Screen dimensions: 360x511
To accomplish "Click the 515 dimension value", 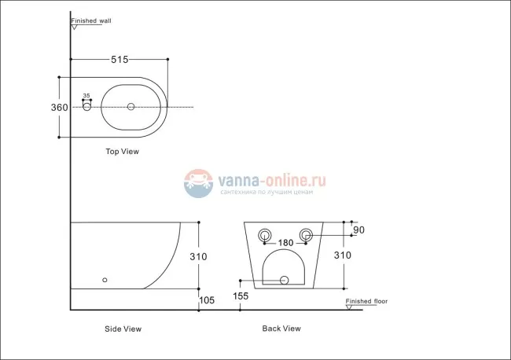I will (x=119, y=59).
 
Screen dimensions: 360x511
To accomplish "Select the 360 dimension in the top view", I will (x=49, y=107).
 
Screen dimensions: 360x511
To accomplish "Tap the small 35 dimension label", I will (x=86, y=95).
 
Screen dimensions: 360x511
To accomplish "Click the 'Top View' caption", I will (x=122, y=152).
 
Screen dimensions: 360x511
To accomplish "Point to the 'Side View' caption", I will (x=123, y=329).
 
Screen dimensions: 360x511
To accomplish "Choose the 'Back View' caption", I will (x=281, y=329).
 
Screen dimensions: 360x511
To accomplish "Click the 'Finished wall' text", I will (x=91, y=21).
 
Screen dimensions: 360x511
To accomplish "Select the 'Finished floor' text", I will (x=367, y=301).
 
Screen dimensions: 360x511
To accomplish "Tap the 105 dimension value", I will (x=207, y=300).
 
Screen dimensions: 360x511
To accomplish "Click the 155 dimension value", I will (x=241, y=296).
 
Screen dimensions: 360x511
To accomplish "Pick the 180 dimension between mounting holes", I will (x=285, y=243).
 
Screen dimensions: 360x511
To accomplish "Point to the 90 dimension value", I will (x=360, y=230).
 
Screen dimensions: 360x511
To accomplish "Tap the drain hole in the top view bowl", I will (x=131, y=106).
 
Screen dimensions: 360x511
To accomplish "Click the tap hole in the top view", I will (x=86, y=107).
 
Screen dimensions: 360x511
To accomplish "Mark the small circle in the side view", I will (x=105, y=279).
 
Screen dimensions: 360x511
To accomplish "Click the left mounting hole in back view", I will (x=264, y=233).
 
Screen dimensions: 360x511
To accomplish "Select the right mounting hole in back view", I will (x=307, y=233).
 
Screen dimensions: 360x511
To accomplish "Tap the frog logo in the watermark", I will (x=200, y=183).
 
